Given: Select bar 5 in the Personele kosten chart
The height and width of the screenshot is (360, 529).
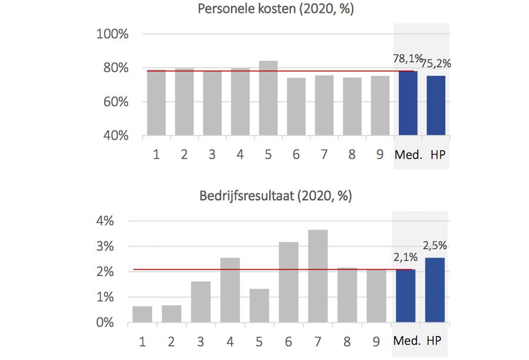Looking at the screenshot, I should click(x=268, y=98).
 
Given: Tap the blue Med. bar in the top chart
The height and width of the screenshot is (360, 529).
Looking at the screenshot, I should click(x=408, y=103).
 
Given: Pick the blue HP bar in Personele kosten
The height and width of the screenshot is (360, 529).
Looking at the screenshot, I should click(x=436, y=106).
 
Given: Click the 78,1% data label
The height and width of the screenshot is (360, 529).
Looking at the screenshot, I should click(x=407, y=59).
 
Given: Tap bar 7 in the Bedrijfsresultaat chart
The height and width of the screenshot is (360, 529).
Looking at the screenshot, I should click(x=317, y=276).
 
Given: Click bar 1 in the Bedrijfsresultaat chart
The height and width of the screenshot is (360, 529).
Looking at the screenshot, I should click(x=142, y=314).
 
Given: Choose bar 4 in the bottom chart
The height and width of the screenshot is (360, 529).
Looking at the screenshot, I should click(x=230, y=290).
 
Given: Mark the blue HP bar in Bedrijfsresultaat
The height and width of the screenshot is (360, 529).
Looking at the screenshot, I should click(x=435, y=290).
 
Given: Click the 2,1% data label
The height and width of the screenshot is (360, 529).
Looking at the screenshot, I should click(x=406, y=256).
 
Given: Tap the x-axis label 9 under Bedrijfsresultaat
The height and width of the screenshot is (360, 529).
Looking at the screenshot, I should click(x=376, y=341).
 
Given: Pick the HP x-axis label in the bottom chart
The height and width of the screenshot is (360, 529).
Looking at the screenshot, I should click(x=434, y=341).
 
